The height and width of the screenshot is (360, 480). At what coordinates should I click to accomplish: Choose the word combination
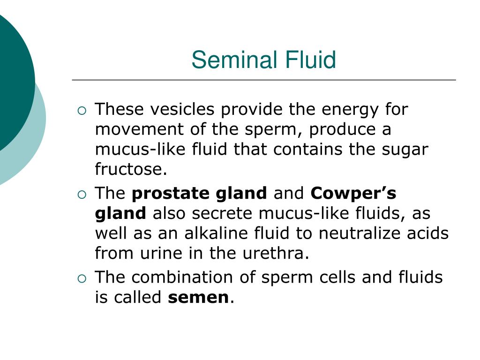[x=182, y=277]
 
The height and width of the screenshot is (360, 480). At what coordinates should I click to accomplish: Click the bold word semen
[x=198, y=298]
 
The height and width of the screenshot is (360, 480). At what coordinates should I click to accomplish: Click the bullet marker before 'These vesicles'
[x=82, y=111]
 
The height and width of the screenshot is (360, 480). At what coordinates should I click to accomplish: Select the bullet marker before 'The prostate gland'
[x=82, y=195]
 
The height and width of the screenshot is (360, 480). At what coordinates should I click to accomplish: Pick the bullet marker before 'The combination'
[x=82, y=278]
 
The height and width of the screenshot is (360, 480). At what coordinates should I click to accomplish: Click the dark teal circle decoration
[x=12, y=82]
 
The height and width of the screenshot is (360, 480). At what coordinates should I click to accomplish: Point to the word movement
[x=139, y=129]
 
